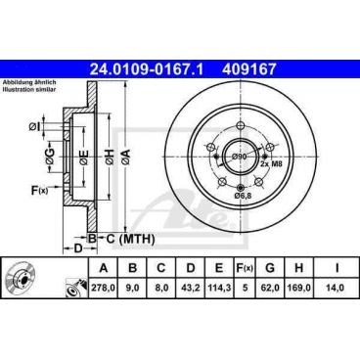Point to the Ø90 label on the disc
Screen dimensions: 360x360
tap(240, 155)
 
